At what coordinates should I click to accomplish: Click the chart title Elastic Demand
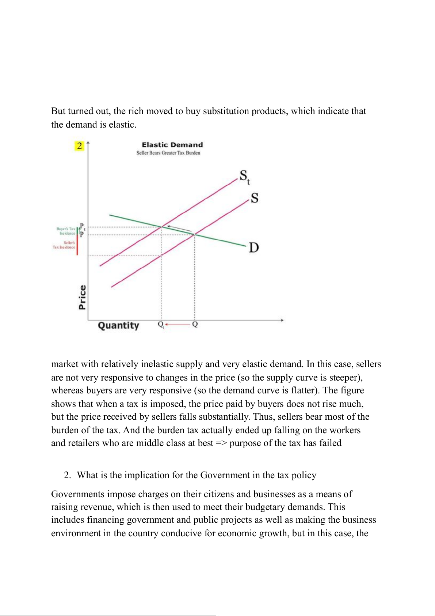tap(172, 145)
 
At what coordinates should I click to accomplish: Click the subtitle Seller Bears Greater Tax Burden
tap(168, 153)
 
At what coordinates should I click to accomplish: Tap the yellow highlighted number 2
tap(79, 146)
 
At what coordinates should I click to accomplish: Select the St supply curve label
tap(244, 177)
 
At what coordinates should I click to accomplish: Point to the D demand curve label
tap(253, 247)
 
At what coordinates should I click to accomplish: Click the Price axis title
tap(83, 297)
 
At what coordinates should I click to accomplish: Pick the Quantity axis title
tap(118, 325)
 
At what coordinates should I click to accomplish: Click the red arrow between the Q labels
tap(178, 324)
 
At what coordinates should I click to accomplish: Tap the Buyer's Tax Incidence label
tap(66, 231)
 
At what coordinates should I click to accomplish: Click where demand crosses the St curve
tap(161, 227)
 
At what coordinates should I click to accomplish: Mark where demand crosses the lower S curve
tap(194, 234)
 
